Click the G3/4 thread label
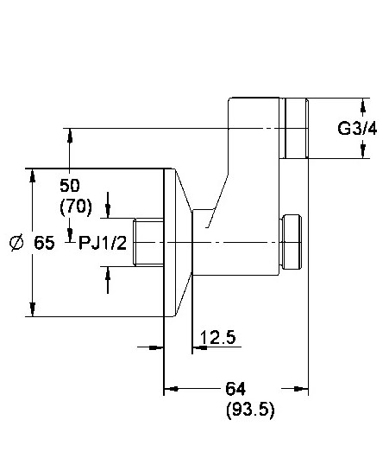coord(357,129)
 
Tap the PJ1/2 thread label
coord(103,243)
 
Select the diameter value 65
coord(44,242)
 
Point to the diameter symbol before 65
coord(16,242)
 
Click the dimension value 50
coord(70,185)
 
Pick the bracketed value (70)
coord(76,207)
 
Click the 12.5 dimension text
coord(217,337)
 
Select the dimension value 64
coord(235,389)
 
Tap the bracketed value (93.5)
coord(250,410)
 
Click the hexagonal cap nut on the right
coord(291,242)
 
